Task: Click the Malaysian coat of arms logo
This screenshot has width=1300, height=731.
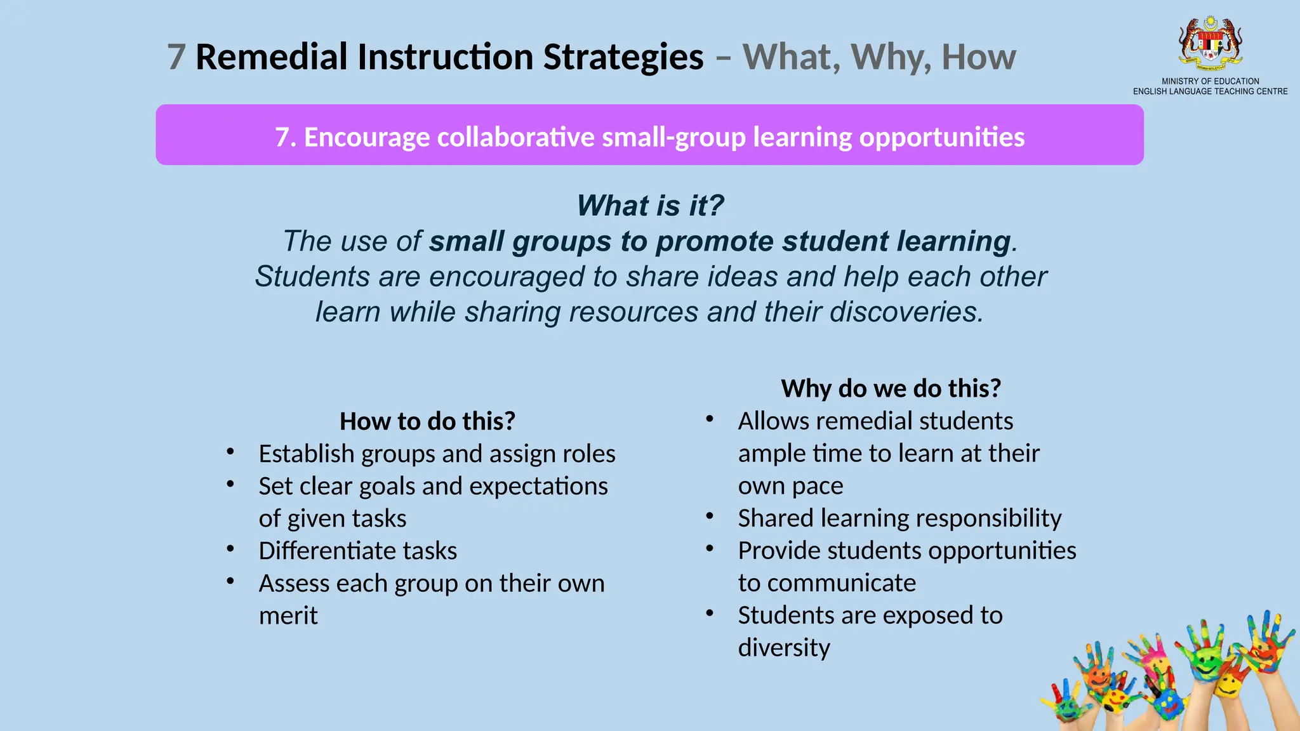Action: click(x=1210, y=43)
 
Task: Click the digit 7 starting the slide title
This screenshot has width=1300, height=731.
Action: click(x=176, y=57)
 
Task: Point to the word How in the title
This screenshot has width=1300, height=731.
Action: click(x=978, y=57)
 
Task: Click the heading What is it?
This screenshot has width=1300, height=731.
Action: click(x=650, y=206)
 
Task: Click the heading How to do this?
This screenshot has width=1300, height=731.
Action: click(x=427, y=421)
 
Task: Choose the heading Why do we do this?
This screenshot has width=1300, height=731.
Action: click(x=891, y=388)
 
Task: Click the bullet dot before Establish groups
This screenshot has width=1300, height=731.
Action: click(x=230, y=452)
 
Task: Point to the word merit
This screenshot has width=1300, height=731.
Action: click(x=288, y=616)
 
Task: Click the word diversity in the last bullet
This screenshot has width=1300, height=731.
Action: click(x=784, y=648)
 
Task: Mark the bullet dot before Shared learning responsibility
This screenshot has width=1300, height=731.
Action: click(x=710, y=516)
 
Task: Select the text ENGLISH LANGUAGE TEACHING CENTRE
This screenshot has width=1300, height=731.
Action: click(x=1210, y=91)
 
